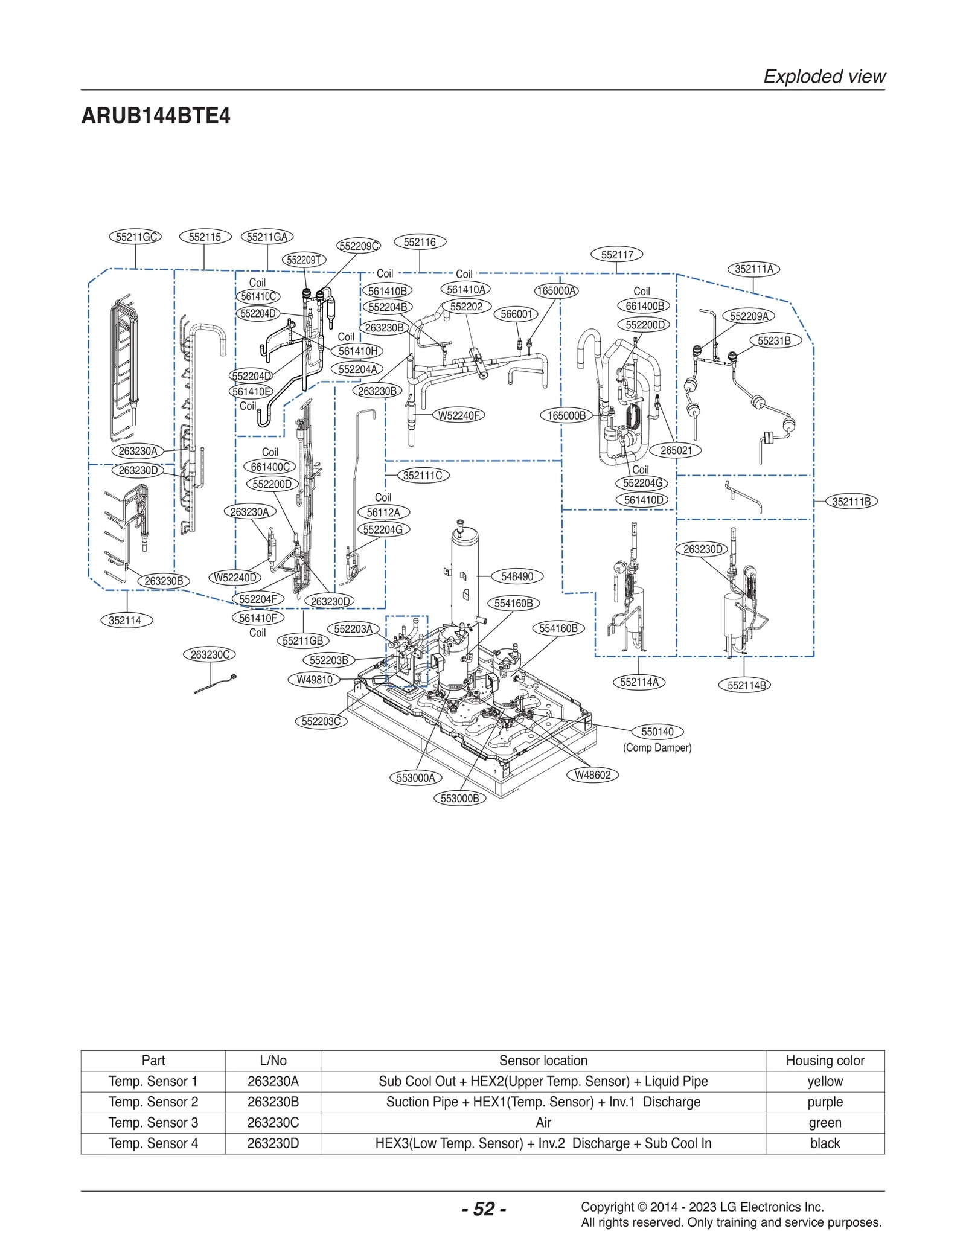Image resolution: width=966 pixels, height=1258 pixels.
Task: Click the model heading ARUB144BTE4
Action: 156,115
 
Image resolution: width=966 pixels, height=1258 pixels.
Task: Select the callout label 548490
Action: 517,576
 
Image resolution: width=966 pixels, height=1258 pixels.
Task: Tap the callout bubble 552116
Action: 420,242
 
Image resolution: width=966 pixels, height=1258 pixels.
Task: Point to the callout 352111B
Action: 851,502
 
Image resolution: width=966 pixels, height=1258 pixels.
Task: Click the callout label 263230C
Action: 210,654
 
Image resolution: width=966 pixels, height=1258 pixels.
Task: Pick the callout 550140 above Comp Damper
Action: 657,732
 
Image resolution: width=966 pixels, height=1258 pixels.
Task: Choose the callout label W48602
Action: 592,775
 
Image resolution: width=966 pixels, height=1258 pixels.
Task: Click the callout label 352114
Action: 125,620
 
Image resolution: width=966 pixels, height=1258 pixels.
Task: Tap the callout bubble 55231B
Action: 774,340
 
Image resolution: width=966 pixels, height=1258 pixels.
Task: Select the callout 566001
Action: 516,314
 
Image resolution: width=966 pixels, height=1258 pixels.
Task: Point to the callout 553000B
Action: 459,798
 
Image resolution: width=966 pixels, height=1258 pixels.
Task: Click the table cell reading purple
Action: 824,1102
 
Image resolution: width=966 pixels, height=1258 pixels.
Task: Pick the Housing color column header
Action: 824,1061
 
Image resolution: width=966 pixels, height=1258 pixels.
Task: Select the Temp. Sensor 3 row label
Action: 153,1122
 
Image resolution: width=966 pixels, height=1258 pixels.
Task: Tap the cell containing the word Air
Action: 543,1122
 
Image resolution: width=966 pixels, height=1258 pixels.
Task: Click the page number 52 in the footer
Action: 484,1209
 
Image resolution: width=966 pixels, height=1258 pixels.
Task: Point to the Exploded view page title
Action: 824,77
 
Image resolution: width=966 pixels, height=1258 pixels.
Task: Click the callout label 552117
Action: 617,255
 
